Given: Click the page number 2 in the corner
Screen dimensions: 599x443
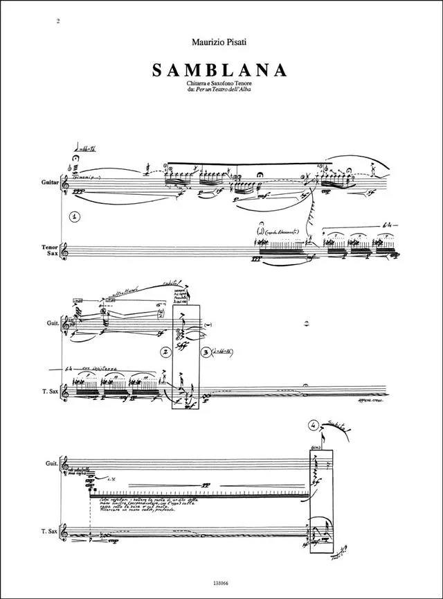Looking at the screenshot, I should pos(60,21).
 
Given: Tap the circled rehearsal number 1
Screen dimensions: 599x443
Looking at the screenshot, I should pos(75,216).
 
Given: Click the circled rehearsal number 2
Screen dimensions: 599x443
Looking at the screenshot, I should pos(166,352).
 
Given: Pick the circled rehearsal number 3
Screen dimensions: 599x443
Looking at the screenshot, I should pos(206,352).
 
